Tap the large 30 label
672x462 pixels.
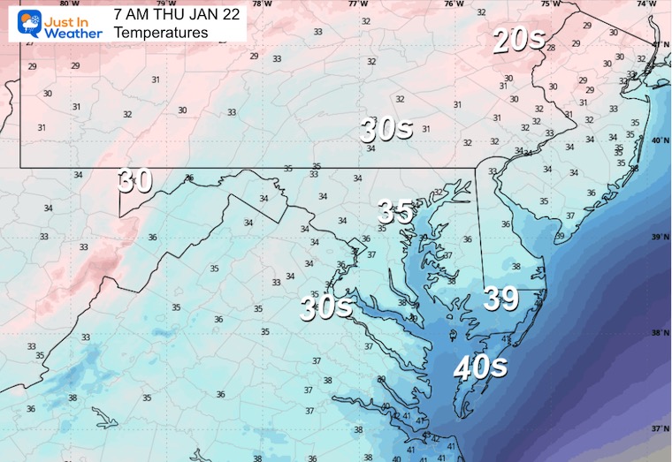point(135,181)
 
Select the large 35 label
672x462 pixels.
point(395,212)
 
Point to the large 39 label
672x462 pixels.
point(500,299)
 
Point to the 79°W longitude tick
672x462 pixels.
point(162,4)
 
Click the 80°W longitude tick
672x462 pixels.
point(65,4)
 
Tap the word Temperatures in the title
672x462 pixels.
point(161,33)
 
